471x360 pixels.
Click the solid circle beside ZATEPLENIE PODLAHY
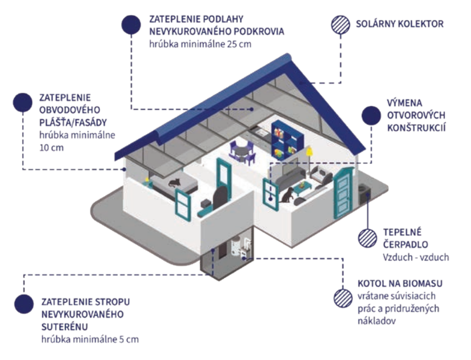coord(131,25)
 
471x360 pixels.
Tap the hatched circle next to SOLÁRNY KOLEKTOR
coord(340,24)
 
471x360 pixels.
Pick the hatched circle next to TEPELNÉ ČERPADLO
coord(367,238)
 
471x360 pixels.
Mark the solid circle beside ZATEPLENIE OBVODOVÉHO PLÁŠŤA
coord(23,103)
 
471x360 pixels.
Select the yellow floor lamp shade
coord(309,151)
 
